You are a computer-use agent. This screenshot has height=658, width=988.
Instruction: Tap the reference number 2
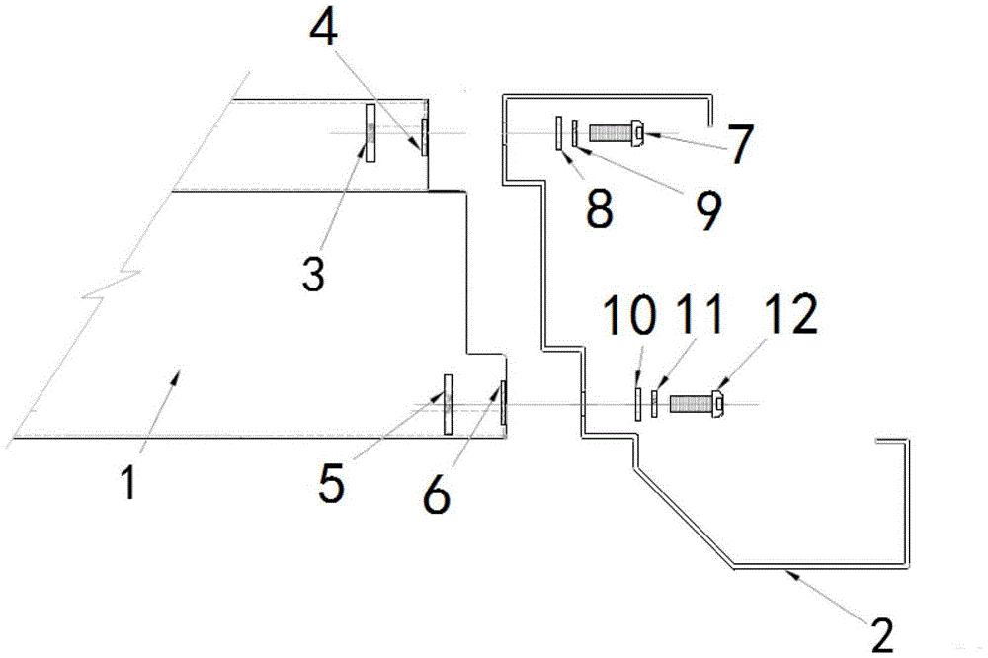[x=881, y=631]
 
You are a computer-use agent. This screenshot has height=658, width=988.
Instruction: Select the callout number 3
[x=313, y=274]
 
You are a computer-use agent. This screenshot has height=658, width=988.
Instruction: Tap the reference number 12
[x=789, y=316]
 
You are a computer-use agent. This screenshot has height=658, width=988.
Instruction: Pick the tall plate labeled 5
[x=448, y=404]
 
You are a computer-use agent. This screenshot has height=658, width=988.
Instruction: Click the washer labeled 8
[x=558, y=132]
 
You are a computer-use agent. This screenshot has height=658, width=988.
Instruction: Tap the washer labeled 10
[x=638, y=404]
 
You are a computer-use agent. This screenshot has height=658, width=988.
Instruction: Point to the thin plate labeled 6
[x=502, y=403]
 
